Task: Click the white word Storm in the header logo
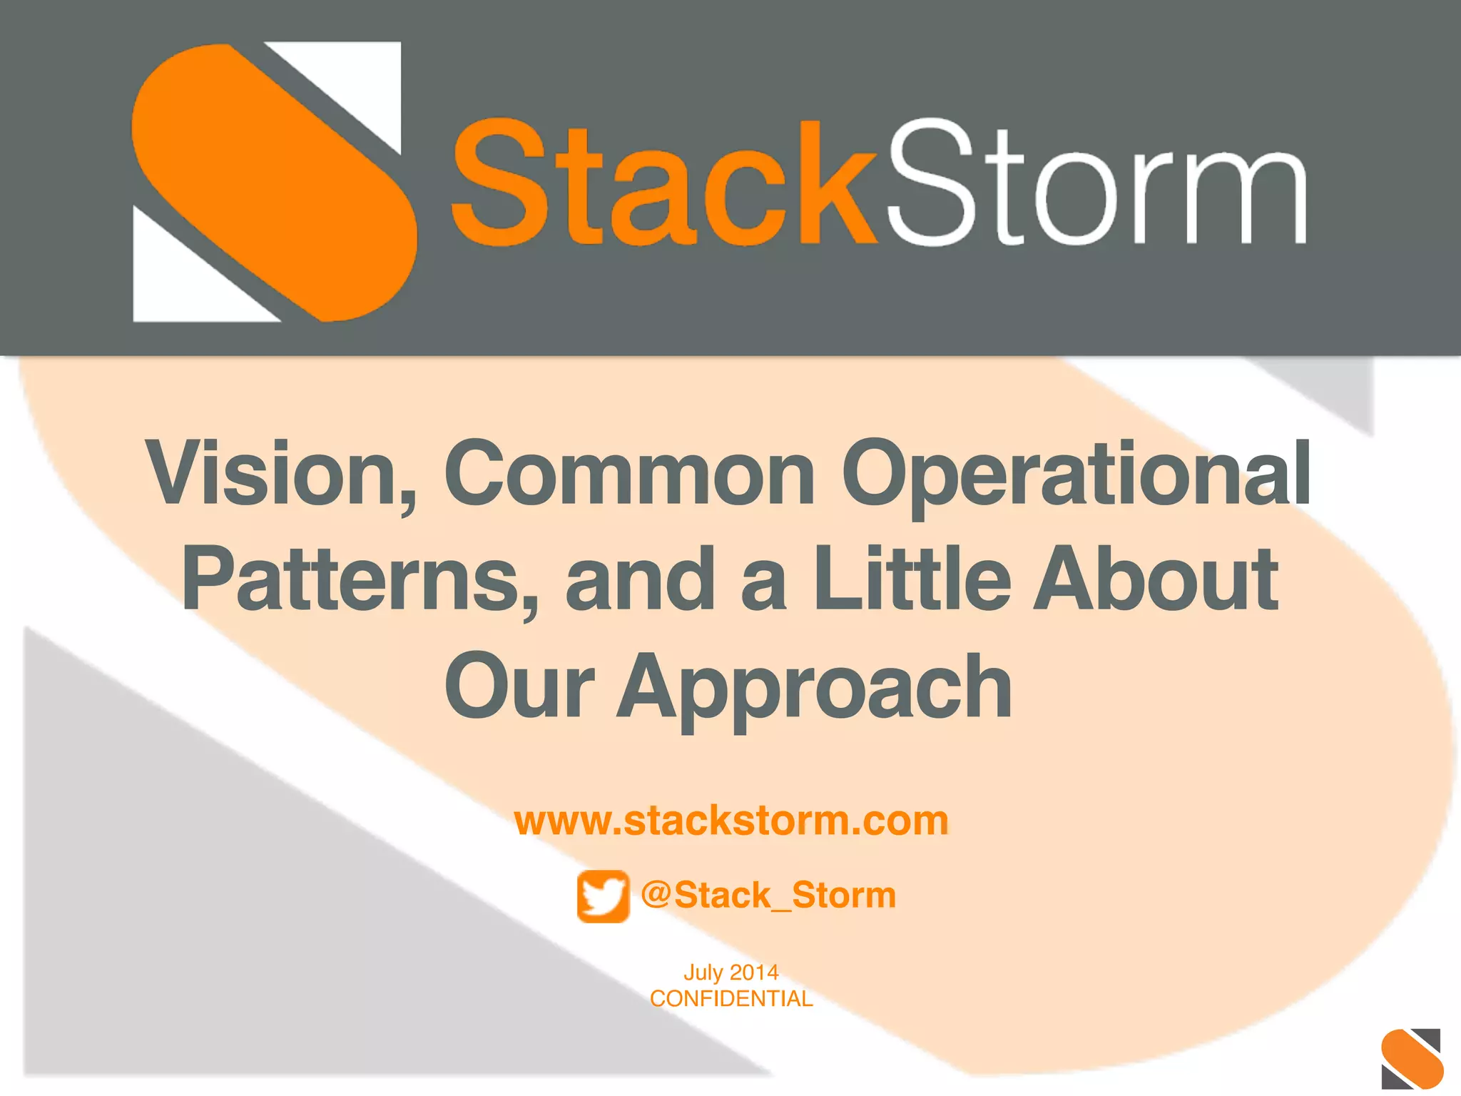1095,184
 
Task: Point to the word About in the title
1156,579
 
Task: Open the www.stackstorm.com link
731,821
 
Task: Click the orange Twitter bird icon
604,896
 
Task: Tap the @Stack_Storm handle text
768,895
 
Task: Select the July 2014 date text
730,973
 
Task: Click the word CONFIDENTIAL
730,999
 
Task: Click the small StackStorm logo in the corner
1411,1058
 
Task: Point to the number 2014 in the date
754,973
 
